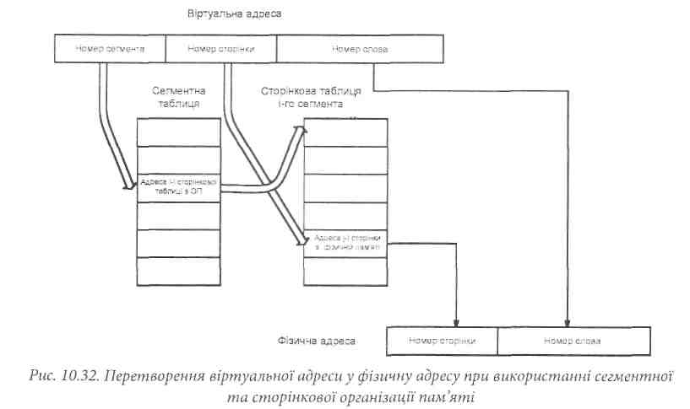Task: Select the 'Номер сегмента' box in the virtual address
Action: pyautogui.click(x=110, y=49)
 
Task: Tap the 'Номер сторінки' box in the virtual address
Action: pyautogui.click(x=220, y=49)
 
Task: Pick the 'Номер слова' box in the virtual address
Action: pyautogui.click(x=359, y=49)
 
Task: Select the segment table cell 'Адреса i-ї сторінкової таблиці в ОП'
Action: pyautogui.click(x=178, y=186)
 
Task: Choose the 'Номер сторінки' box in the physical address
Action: pyautogui.click(x=442, y=340)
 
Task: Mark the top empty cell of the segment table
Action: pyautogui.click(x=178, y=133)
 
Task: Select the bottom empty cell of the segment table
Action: pyautogui.click(x=178, y=271)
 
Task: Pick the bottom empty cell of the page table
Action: pyautogui.click(x=347, y=271)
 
